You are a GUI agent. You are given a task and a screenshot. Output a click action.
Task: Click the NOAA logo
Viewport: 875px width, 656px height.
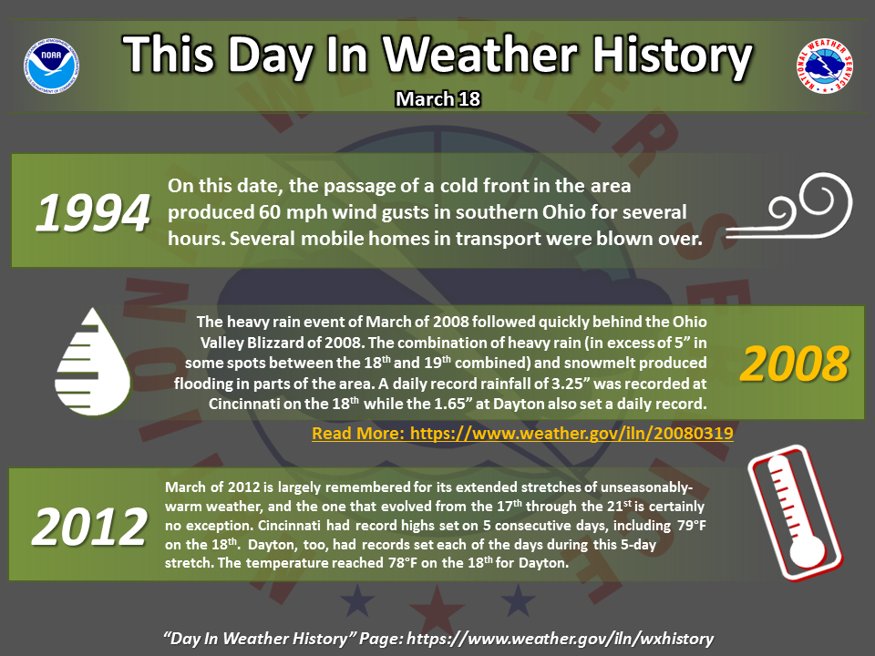(x=51, y=66)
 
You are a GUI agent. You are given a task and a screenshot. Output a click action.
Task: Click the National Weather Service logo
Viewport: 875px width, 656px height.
(x=824, y=66)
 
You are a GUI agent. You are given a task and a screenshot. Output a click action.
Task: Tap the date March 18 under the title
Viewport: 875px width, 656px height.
(x=438, y=98)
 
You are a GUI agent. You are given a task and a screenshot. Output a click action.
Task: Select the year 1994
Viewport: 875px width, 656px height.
(x=93, y=212)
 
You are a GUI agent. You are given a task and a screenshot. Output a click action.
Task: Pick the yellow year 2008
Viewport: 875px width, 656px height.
(x=794, y=364)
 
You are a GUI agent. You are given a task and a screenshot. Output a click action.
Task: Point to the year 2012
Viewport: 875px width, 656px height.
(x=90, y=527)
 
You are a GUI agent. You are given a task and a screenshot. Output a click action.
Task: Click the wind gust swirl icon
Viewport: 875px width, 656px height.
(x=788, y=207)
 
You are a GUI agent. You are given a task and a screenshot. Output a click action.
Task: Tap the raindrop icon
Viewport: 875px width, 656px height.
(x=93, y=362)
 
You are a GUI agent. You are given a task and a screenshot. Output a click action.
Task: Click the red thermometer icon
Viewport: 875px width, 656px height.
(x=795, y=513)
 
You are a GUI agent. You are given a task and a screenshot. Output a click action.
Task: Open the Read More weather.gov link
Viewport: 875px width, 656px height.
(x=522, y=434)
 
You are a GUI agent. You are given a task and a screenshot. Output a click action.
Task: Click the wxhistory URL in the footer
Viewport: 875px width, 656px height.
(x=561, y=638)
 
